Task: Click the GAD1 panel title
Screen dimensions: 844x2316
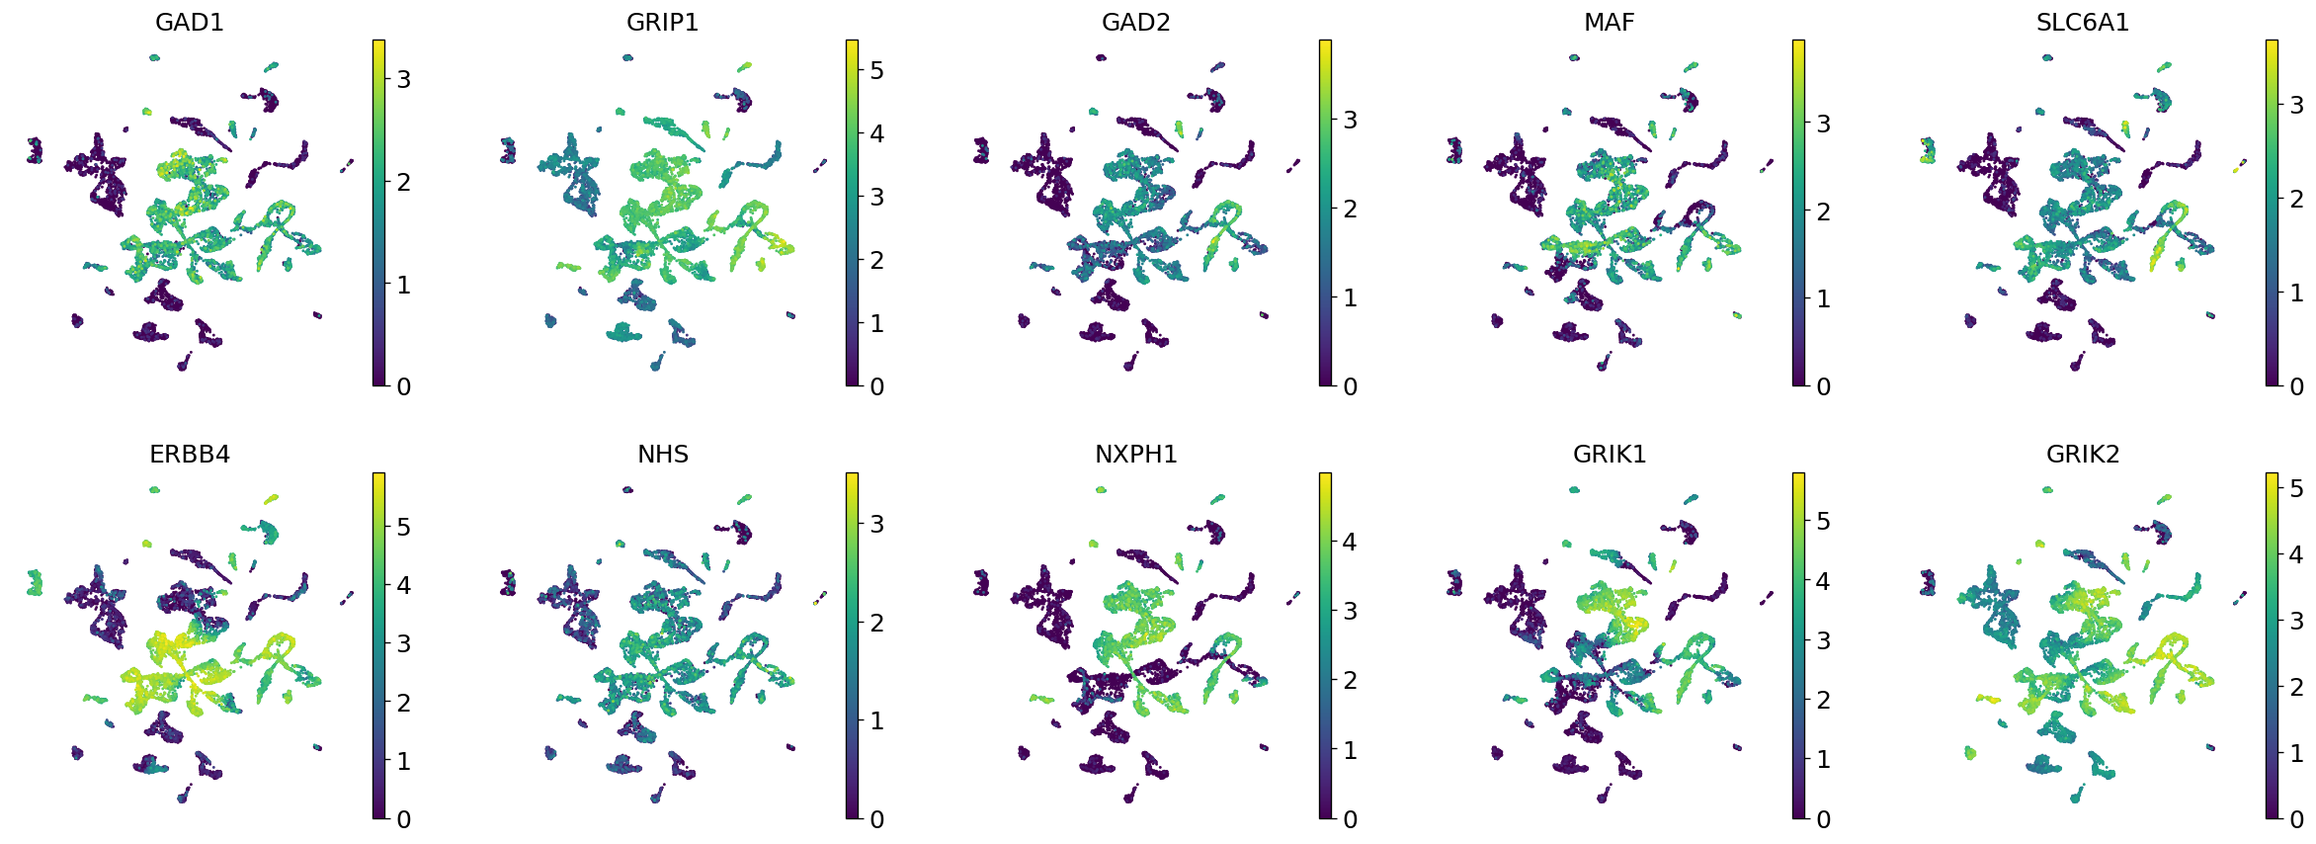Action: click(190, 22)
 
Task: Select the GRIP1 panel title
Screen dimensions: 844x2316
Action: click(662, 22)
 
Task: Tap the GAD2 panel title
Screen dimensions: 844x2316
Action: click(1135, 22)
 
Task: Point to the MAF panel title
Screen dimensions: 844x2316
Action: click(1609, 22)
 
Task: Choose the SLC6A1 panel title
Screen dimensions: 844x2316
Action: click(2082, 22)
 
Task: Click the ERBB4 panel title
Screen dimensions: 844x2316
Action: click(190, 454)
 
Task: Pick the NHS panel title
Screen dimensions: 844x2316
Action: click(662, 454)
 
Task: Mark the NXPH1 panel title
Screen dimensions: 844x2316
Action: click(1135, 454)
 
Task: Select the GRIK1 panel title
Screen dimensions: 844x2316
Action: click(1609, 454)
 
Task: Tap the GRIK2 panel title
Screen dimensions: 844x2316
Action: click(2082, 454)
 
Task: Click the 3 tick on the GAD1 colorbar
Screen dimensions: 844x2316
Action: click(403, 79)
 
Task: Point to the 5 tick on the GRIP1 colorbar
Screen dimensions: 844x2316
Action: click(876, 70)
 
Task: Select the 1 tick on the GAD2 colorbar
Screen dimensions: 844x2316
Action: click(1350, 297)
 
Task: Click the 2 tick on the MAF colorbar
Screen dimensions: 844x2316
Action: click(1823, 211)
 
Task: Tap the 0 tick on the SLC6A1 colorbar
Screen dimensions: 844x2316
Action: click(2296, 386)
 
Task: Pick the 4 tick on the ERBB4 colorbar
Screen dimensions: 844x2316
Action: click(403, 585)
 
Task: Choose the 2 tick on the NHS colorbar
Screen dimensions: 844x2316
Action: click(876, 623)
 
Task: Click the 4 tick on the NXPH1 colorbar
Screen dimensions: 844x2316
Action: click(1350, 542)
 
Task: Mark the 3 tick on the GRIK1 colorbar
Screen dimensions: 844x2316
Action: click(1823, 640)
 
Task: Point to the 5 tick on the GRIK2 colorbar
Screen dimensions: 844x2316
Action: click(2296, 488)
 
